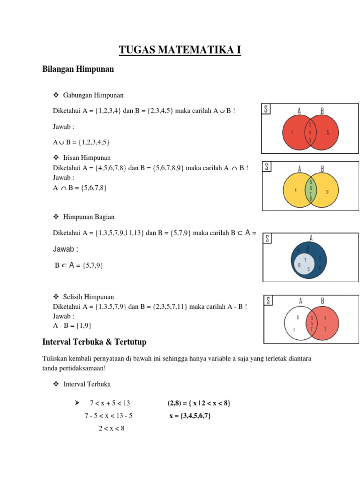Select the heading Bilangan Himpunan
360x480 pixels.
(78, 69)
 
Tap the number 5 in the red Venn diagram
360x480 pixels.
(328, 133)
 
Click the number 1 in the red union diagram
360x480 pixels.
(292, 133)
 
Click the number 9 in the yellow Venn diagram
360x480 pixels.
(327, 191)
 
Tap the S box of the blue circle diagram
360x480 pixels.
(268, 239)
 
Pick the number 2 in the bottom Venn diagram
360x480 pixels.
(325, 329)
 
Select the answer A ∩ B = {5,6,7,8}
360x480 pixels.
(80, 188)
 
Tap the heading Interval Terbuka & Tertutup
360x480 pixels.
(95, 342)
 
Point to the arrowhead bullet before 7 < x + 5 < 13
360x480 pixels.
(73, 403)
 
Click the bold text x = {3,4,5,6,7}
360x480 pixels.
(190, 416)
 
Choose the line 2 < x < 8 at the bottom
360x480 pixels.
(112, 428)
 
